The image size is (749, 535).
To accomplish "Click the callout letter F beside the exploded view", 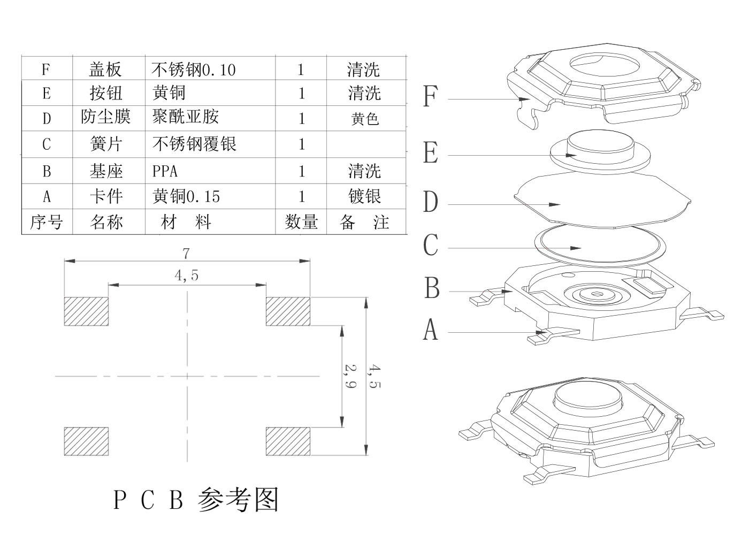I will [x=430, y=96].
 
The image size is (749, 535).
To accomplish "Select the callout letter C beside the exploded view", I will [x=430, y=246].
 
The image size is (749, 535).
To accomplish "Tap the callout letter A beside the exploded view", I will [x=430, y=330].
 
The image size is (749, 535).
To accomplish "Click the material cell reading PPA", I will [x=165, y=171].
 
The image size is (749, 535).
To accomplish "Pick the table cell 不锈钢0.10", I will [x=194, y=70].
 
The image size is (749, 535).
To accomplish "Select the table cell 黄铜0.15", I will [x=186, y=196].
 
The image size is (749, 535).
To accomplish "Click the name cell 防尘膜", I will [x=106, y=117].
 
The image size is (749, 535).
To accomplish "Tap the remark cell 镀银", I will [x=364, y=196].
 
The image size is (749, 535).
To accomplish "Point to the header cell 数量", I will [x=301, y=222].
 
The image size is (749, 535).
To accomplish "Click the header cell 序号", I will [x=47, y=222].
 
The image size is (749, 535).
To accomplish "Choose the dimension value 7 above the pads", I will [x=186, y=253].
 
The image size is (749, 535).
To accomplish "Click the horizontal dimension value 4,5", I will [x=186, y=276].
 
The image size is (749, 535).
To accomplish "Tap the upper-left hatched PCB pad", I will [x=86, y=311].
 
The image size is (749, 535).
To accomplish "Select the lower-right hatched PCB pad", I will [x=288, y=441].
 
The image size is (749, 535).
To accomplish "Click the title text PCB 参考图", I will [x=196, y=500].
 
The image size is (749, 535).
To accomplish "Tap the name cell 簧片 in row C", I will [x=106, y=144].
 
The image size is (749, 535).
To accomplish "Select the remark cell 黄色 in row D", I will [x=364, y=118].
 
